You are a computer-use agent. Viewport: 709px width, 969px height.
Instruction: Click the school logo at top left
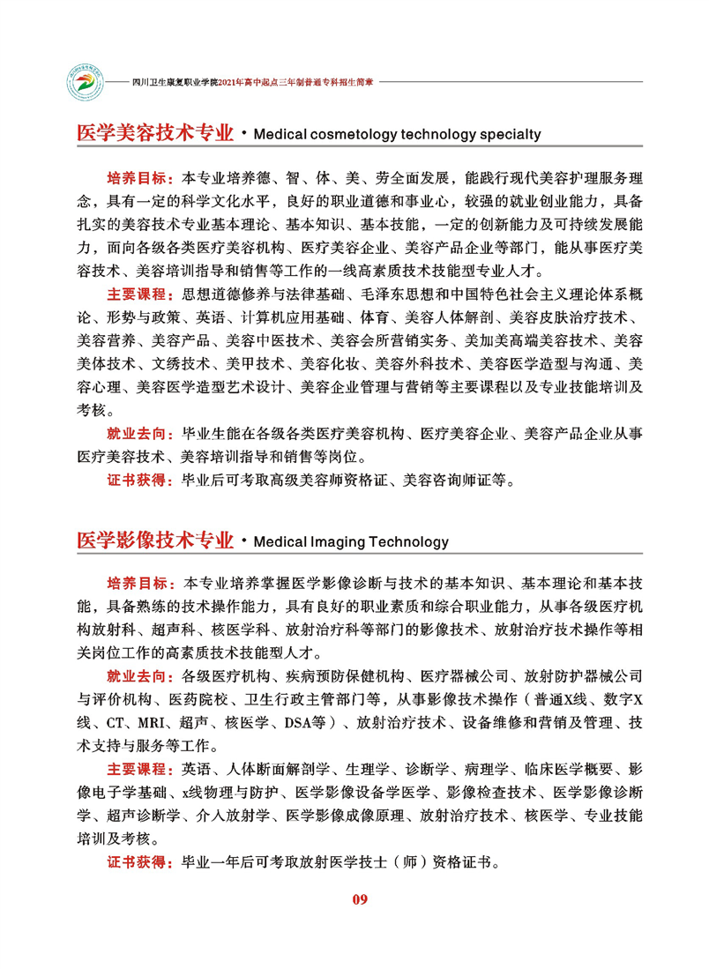click(87, 79)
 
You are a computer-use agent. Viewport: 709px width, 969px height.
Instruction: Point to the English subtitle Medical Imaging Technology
click(350, 541)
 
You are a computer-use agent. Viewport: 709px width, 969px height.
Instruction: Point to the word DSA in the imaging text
click(298, 724)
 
